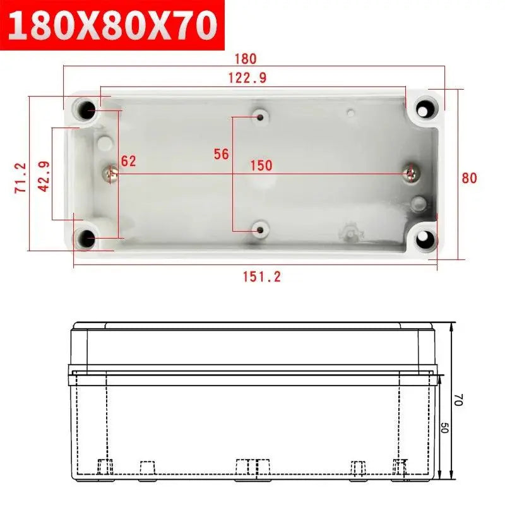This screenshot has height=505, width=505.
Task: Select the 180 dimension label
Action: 246,59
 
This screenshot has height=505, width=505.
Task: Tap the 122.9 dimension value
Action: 247,78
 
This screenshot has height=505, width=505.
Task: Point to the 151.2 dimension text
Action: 261,276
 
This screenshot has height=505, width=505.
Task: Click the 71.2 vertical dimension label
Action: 21,177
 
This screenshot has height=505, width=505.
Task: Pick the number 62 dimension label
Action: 129,161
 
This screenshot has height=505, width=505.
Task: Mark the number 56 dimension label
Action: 221,154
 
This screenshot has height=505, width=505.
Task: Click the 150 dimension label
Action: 261,165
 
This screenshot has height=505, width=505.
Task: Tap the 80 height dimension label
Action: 469,178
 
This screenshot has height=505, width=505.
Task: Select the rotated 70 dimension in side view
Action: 459,400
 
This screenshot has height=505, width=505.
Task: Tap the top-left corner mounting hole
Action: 86,110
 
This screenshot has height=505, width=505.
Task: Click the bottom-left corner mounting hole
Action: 86,239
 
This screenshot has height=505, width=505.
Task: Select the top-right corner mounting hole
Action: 427,110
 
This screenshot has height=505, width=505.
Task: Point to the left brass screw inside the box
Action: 112,170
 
